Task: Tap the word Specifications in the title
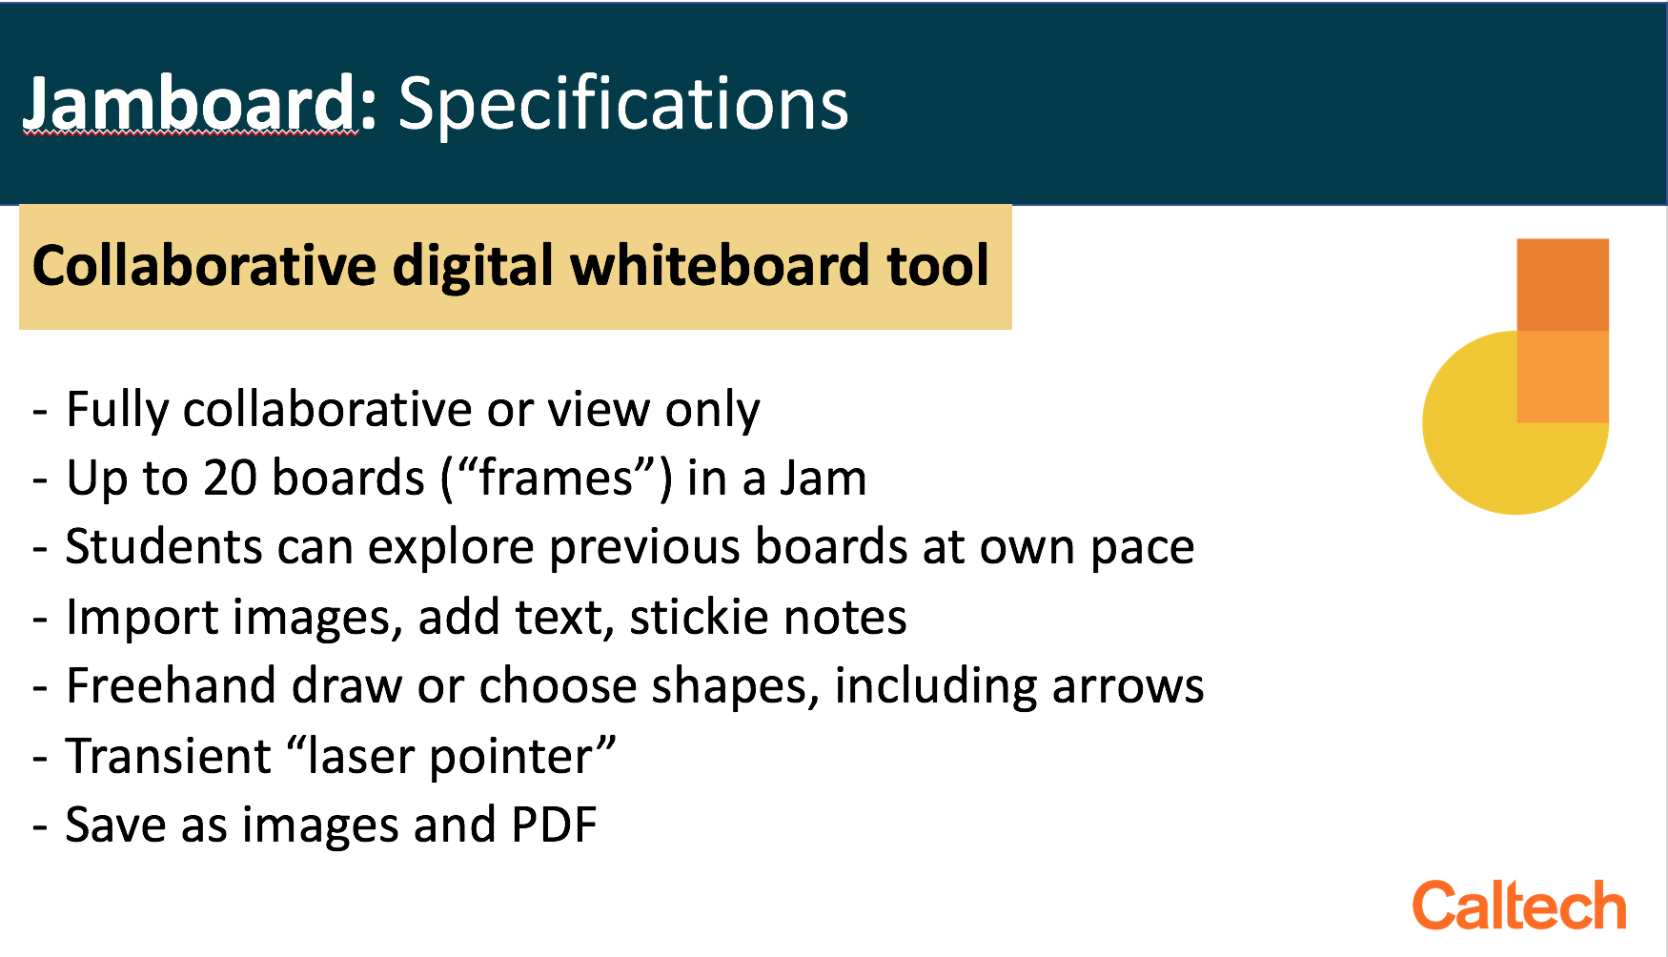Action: pos(623,105)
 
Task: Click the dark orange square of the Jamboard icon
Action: pos(1562,284)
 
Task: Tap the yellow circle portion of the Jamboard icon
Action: pos(1473,438)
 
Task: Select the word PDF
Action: pos(554,825)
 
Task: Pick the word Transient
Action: pos(169,756)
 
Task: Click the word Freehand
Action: pos(171,685)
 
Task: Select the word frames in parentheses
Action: pos(556,478)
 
